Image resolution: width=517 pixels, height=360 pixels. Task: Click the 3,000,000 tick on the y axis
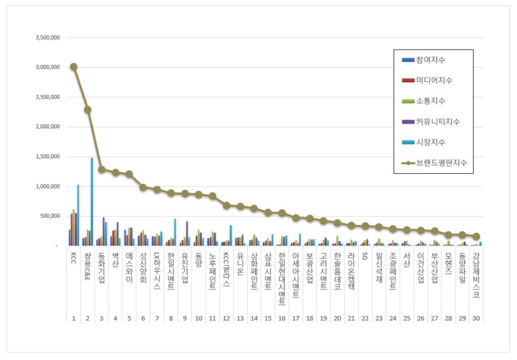(x=47, y=68)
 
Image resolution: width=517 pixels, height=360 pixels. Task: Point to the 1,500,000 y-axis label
(x=47, y=157)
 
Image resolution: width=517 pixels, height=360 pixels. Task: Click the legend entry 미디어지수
(x=434, y=80)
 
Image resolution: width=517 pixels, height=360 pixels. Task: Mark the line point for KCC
(x=74, y=67)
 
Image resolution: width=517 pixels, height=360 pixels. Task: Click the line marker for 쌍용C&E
(x=88, y=110)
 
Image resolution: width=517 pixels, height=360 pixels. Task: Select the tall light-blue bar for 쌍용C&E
(x=92, y=202)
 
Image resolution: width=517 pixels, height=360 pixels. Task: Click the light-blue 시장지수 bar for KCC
(x=78, y=215)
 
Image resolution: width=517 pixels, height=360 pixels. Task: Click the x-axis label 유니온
(x=240, y=261)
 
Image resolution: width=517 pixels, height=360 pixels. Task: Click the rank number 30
(x=476, y=318)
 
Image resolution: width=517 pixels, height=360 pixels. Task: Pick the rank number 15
(x=268, y=318)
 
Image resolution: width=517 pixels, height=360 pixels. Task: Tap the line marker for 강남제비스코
(x=476, y=236)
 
